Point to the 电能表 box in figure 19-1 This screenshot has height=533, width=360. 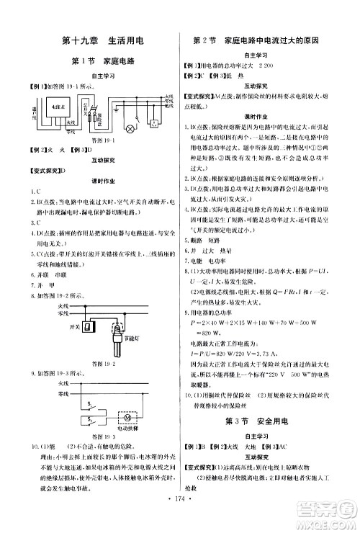point(53,106)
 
